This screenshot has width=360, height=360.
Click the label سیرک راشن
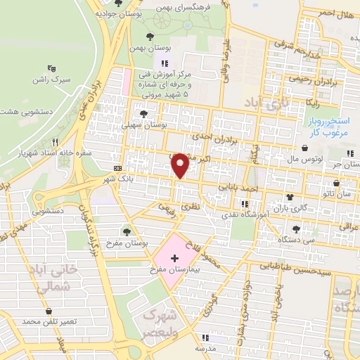(51, 81)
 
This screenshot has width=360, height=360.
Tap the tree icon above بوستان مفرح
(126, 231)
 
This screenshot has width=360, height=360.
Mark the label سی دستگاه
(295, 239)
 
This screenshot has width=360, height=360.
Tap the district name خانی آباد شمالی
(49, 278)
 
